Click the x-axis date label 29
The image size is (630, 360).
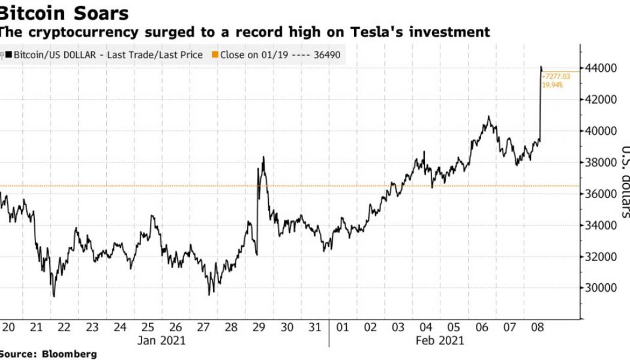coord(259,328)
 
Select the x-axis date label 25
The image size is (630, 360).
coord(148,328)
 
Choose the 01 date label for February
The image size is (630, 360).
coord(343,328)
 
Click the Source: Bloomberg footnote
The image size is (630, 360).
coord(48,354)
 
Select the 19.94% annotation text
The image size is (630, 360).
coord(552,86)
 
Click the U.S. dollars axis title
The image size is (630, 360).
coord(624,180)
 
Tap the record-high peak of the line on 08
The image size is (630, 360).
coord(541,67)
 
